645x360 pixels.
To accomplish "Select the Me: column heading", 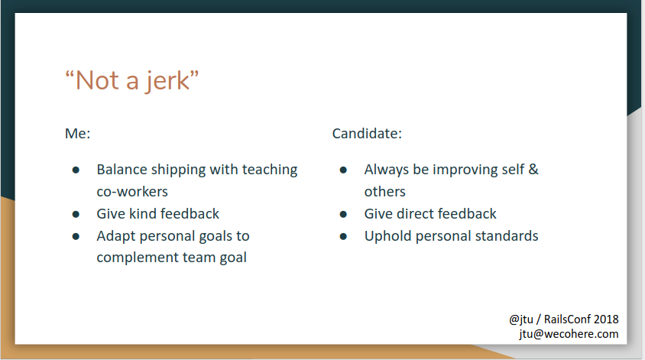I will click(77, 134).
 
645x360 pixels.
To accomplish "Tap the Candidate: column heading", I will click(367, 134).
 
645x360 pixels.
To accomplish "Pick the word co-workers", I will click(132, 192).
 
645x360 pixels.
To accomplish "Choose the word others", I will click(384, 192).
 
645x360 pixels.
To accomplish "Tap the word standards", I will click(507, 236).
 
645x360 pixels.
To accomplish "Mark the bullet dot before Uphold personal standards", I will click(344, 236).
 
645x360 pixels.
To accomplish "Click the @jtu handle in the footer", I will click(523, 319).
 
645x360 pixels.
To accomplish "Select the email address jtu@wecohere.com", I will click(568, 334).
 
